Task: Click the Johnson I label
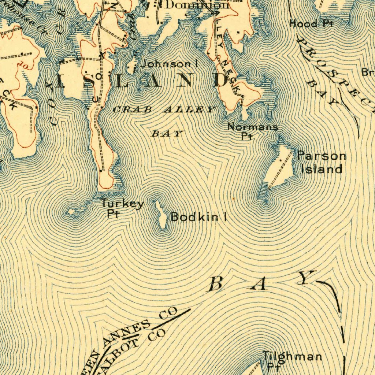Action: tap(170, 64)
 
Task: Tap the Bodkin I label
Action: tap(198, 217)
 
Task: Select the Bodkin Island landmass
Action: tap(161, 216)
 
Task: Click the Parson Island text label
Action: tap(321, 162)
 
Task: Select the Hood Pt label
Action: tap(311, 24)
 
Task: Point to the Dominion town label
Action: tap(197, 5)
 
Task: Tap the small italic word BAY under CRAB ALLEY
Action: tap(167, 134)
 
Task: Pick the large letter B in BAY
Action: tap(216, 284)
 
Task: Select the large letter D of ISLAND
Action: tap(222, 80)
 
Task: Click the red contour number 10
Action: tap(25, 65)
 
